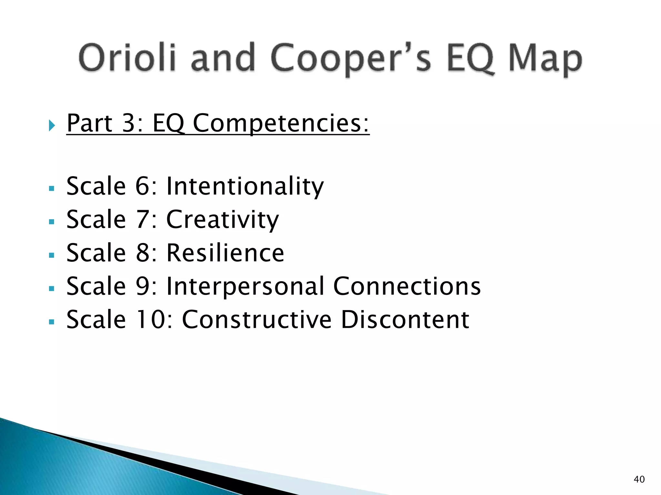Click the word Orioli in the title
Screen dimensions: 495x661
(127, 58)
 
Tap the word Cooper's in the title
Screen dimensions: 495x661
(350, 59)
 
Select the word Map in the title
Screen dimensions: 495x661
(545, 60)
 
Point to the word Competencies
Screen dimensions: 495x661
(281, 123)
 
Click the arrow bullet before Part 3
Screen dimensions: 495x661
(52, 125)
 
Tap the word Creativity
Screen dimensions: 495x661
(222, 220)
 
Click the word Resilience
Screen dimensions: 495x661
(225, 253)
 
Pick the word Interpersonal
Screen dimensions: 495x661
(245, 286)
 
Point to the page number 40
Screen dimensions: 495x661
(639, 479)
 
